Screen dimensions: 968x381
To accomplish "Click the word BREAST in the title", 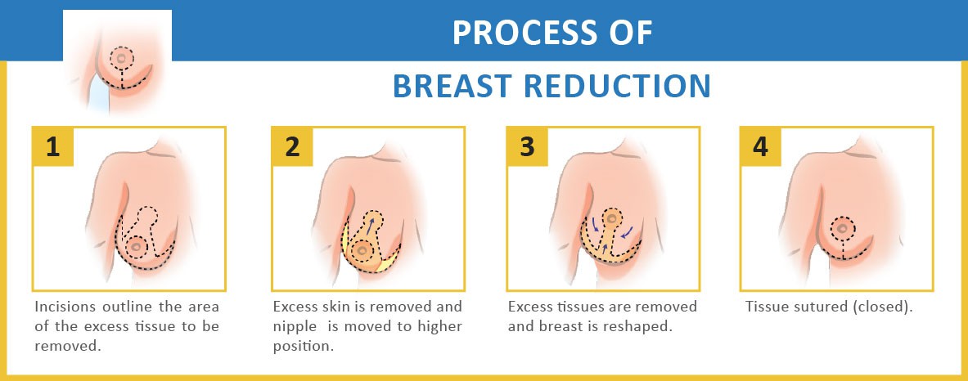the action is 454,87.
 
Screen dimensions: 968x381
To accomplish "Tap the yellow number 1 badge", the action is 53,147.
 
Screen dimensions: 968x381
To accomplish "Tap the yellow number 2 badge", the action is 292,147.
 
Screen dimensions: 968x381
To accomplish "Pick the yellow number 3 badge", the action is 527,147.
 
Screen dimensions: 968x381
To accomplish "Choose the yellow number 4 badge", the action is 761,147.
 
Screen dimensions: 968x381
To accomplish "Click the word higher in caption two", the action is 441,327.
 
